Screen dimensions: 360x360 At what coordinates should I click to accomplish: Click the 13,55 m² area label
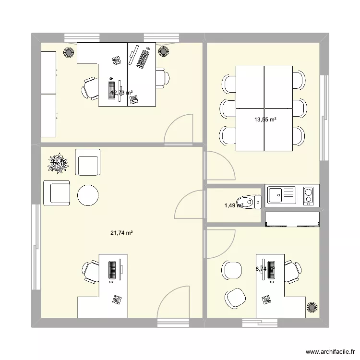coord(265,120)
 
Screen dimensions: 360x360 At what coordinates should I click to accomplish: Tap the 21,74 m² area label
coord(121,233)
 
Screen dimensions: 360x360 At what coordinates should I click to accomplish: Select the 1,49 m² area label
coord(234,205)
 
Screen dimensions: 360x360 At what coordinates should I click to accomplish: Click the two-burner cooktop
coord(309,196)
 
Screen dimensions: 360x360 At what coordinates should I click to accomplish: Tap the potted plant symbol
coord(59,163)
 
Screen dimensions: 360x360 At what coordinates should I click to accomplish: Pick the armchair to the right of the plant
coord(88,163)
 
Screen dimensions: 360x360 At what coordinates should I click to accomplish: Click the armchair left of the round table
coord(56,193)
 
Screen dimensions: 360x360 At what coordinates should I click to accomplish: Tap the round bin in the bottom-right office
coord(312,307)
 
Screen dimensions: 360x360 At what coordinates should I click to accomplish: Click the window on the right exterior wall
coord(324,118)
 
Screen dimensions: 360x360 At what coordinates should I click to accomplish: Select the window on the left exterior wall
coord(35,247)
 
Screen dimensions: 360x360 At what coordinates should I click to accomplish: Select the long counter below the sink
coord(292,219)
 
